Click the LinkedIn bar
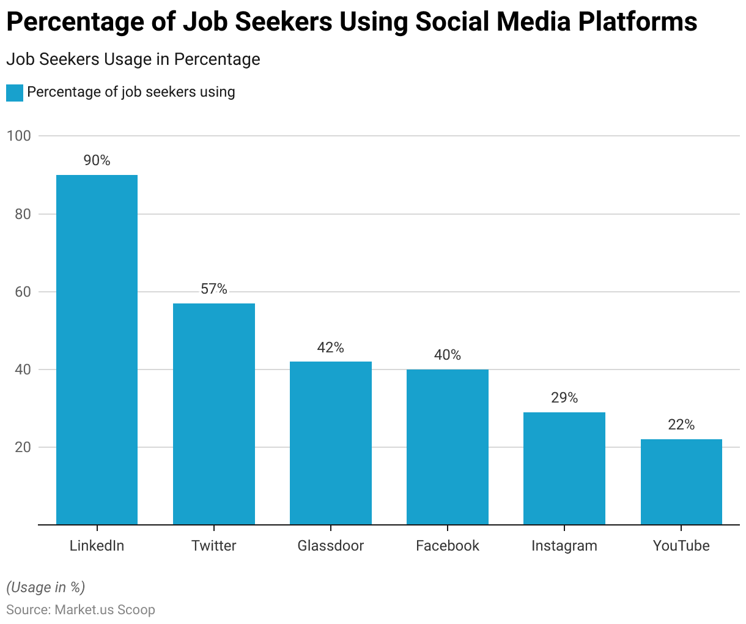click(97, 350)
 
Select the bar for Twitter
click(214, 414)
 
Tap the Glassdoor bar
click(331, 443)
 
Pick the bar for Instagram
click(564, 469)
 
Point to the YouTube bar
click(681, 482)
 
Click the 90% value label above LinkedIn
click(97, 160)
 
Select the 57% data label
click(214, 289)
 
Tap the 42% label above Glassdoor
click(331, 347)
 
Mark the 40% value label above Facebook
click(448, 355)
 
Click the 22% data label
click(681, 425)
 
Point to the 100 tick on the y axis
click(18, 136)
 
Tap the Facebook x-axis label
click(448, 546)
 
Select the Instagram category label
click(564, 546)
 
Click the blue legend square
click(15, 92)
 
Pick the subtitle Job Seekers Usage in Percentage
click(133, 59)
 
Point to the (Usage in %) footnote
click(46, 587)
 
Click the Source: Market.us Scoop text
click(81, 610)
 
